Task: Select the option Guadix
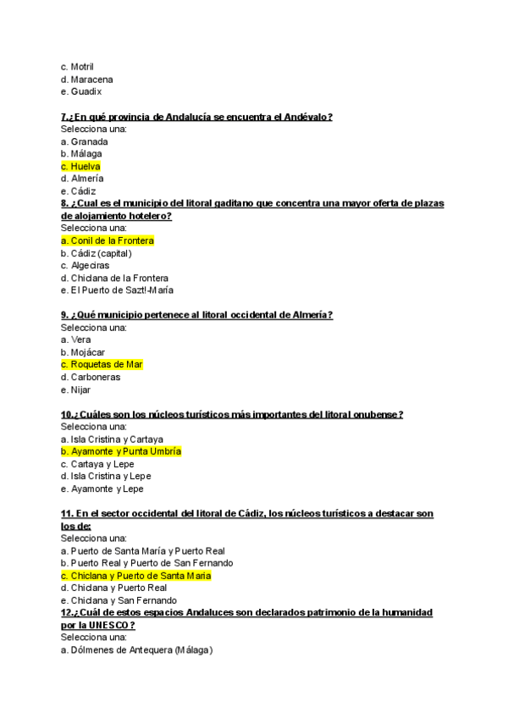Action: tap(81, 91)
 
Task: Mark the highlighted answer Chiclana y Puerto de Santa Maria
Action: tap(135, 575)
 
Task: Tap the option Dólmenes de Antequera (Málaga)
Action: tap(136, 649)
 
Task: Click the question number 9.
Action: tap(65, 315)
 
